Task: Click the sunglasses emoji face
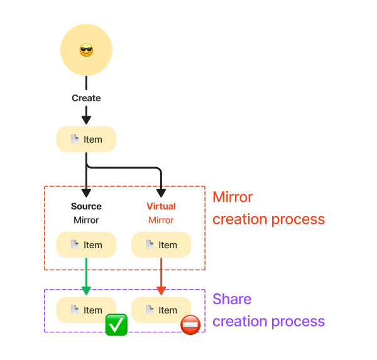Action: click(86, 50)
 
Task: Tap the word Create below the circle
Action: click(86, 98)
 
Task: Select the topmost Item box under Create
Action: click(86, 139)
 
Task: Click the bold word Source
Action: click(86, 206)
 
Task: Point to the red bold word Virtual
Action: click(161, 206)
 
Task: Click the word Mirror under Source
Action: click(86, 221)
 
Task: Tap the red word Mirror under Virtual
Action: click(161, 221)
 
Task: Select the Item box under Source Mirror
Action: click(86, 245)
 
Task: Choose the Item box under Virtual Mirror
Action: click(161, 245)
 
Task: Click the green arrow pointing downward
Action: click(86, 276)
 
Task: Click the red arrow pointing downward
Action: click(161, 276)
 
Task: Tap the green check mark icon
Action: click(116, 324)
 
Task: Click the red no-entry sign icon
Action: click(190, 325)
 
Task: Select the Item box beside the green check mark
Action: click(86, 310)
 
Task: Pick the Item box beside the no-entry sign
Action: click(161, 310)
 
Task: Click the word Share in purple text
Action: click(232, 299)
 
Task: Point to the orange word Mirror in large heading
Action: click(232, 197)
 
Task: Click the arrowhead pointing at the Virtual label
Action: click(161, 192)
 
